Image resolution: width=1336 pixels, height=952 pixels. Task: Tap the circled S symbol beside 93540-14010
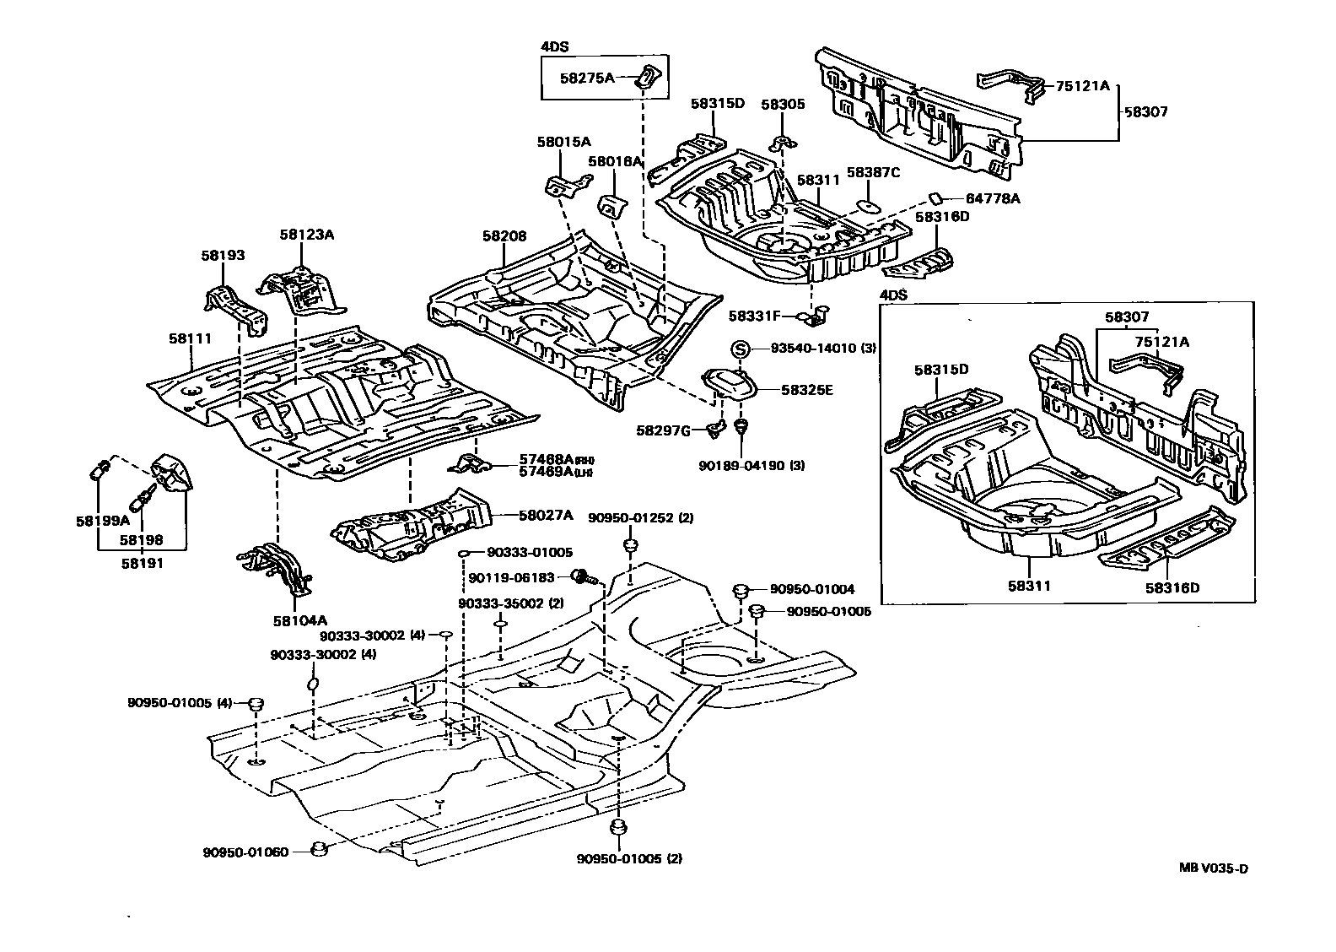[x=739, y=349]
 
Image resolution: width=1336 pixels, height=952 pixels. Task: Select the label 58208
[x=504, y=236]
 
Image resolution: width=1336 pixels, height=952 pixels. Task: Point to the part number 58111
[x=189, y=338]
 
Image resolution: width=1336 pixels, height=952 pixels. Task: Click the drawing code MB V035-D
[x=1213, y=868]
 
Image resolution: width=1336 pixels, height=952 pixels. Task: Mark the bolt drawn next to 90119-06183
[x=581, y=577]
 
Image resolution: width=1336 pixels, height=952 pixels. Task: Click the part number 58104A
[x=295, y=620]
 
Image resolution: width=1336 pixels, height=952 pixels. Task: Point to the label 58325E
[x=806, y=390]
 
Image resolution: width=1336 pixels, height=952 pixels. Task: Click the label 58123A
[x=307, y=235]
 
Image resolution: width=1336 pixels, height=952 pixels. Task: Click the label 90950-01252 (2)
[x=640, y=517]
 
